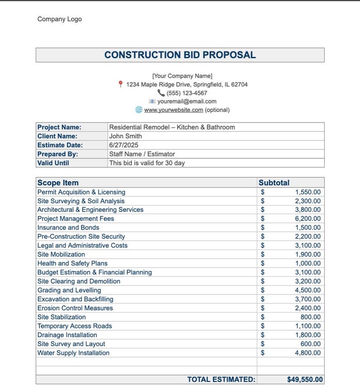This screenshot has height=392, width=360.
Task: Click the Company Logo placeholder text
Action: pyautogui.click(x=59, y=19)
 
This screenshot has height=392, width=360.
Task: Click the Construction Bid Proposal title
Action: pyautogui.click(x=180, y=55)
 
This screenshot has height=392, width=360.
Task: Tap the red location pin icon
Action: pyautogui.click(x=121, y=84)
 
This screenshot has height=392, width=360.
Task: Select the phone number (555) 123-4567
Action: pyautogui.click(x=187, y=93)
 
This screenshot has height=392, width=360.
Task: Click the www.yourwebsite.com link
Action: pyautogui.click(x=173, y=110)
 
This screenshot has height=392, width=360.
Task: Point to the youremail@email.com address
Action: pyautogui.click(x=187, y=102)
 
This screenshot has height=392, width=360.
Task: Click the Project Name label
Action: pyautogui.click(x=59, y=127)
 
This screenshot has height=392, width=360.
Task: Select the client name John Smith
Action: pyautogui.click(x=126, y=136)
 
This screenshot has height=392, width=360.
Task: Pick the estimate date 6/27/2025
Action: pyautogui.click(x=124, y=145)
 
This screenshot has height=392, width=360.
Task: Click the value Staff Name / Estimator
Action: pyautogui.click(x=142, y=154)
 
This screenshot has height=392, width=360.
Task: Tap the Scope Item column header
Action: pyautogui.click(x=58, y=183)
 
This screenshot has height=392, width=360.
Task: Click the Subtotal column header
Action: pyautogui.click(x=274, y=183)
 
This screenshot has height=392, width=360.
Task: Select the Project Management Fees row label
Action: pyautogui.click(x=76, y=219)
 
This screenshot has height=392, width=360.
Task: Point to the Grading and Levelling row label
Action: pyautogui.click(x=69, y=290)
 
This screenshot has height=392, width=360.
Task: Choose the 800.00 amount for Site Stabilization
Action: pyautogui.click(x=311, y=317)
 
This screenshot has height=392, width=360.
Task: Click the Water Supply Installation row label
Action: pyautogui.click(x=73, y=353)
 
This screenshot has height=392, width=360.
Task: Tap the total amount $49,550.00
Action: pyautogui.click(x=305, y=380)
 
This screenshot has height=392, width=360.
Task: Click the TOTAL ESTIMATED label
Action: pyautogui.click(x=221, y=380)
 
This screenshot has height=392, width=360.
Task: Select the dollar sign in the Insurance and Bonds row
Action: pyautogui.click(x=263, y=228)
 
